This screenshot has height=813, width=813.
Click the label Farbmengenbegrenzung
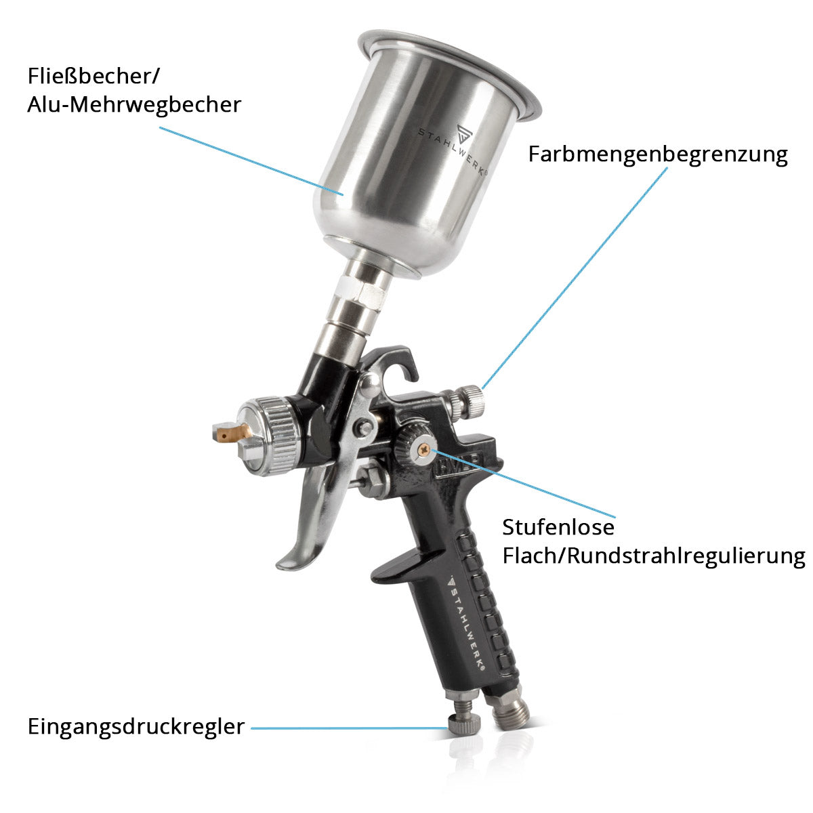658,155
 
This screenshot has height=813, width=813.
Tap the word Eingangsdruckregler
136,728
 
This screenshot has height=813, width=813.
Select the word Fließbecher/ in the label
93,76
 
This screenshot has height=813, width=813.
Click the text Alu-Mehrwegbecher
134,105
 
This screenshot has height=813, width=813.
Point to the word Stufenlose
558,527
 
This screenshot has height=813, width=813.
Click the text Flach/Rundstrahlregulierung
654,556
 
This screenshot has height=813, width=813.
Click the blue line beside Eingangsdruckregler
349,728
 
